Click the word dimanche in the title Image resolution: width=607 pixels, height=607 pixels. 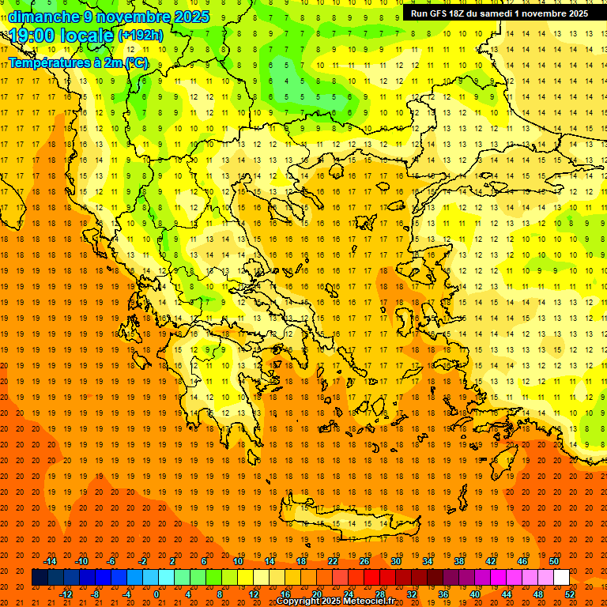(x=44, y=17)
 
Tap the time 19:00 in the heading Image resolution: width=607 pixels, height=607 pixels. (x=32, y=36)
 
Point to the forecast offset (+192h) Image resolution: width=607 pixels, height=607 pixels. (x=141, y=36)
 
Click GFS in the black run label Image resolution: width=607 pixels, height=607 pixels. (x=439, y=13)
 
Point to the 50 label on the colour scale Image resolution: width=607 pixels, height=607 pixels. (x=554, y=561)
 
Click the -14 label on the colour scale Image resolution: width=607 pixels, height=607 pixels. (x=50, y=561)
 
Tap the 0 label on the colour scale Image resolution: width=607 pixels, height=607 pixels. (x=156, y=594)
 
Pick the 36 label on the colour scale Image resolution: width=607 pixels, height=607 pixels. (x=443, y=594)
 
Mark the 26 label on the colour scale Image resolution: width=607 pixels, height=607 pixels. (x=364, y=561)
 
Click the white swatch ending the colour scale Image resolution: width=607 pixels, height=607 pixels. (x=561, y=578)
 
